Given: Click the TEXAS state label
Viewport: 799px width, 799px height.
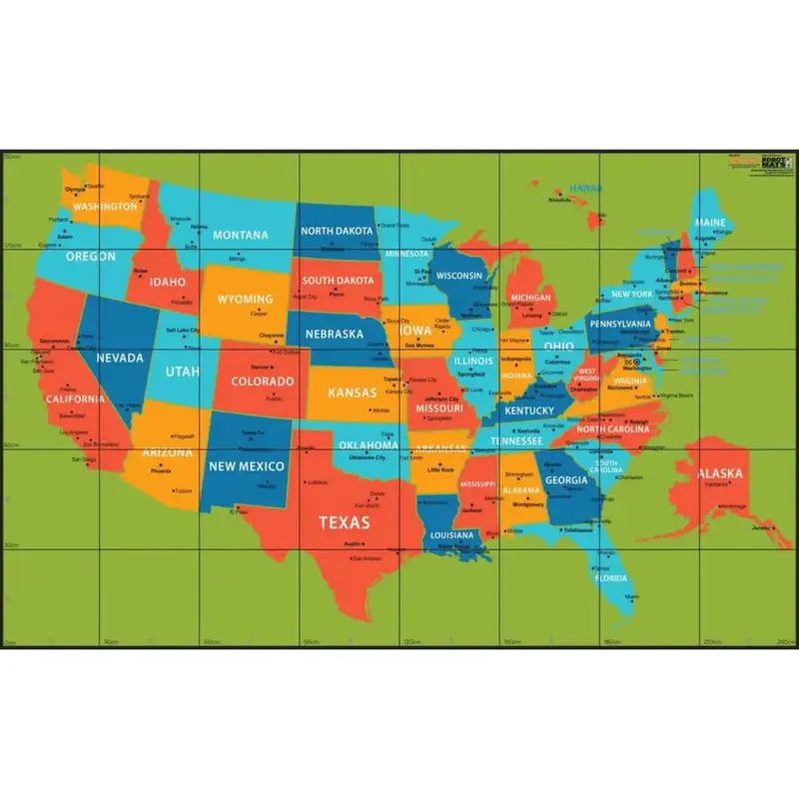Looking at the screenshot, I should coord(344,522).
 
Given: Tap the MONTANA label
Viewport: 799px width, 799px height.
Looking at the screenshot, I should coord(241,236).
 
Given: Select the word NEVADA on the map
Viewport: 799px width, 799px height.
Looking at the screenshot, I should coord(120,358).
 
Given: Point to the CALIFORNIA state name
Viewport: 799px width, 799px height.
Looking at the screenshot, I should coord(74,399).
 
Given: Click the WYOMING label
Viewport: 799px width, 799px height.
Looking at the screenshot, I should coord(245,300).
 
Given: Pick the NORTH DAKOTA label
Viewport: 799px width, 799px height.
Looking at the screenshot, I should coord(337,231).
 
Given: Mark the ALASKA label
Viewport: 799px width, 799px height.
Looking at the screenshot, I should coord(718,473).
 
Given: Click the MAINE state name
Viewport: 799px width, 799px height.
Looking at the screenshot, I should coord(710,222).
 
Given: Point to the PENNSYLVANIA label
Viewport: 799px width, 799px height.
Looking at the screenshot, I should coord(620,324).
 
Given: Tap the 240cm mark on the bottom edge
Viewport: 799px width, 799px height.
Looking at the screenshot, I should coord(783,640).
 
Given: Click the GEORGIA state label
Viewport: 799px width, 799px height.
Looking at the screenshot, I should coord(566,479).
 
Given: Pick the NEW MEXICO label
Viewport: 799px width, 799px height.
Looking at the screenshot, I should coord(246,466).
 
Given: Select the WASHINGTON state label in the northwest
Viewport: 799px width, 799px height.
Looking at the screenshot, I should coord(105,207).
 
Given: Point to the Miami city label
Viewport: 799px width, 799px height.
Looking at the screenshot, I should coord(631,597).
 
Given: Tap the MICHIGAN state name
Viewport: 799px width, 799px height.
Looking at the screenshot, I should coord(530,298).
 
